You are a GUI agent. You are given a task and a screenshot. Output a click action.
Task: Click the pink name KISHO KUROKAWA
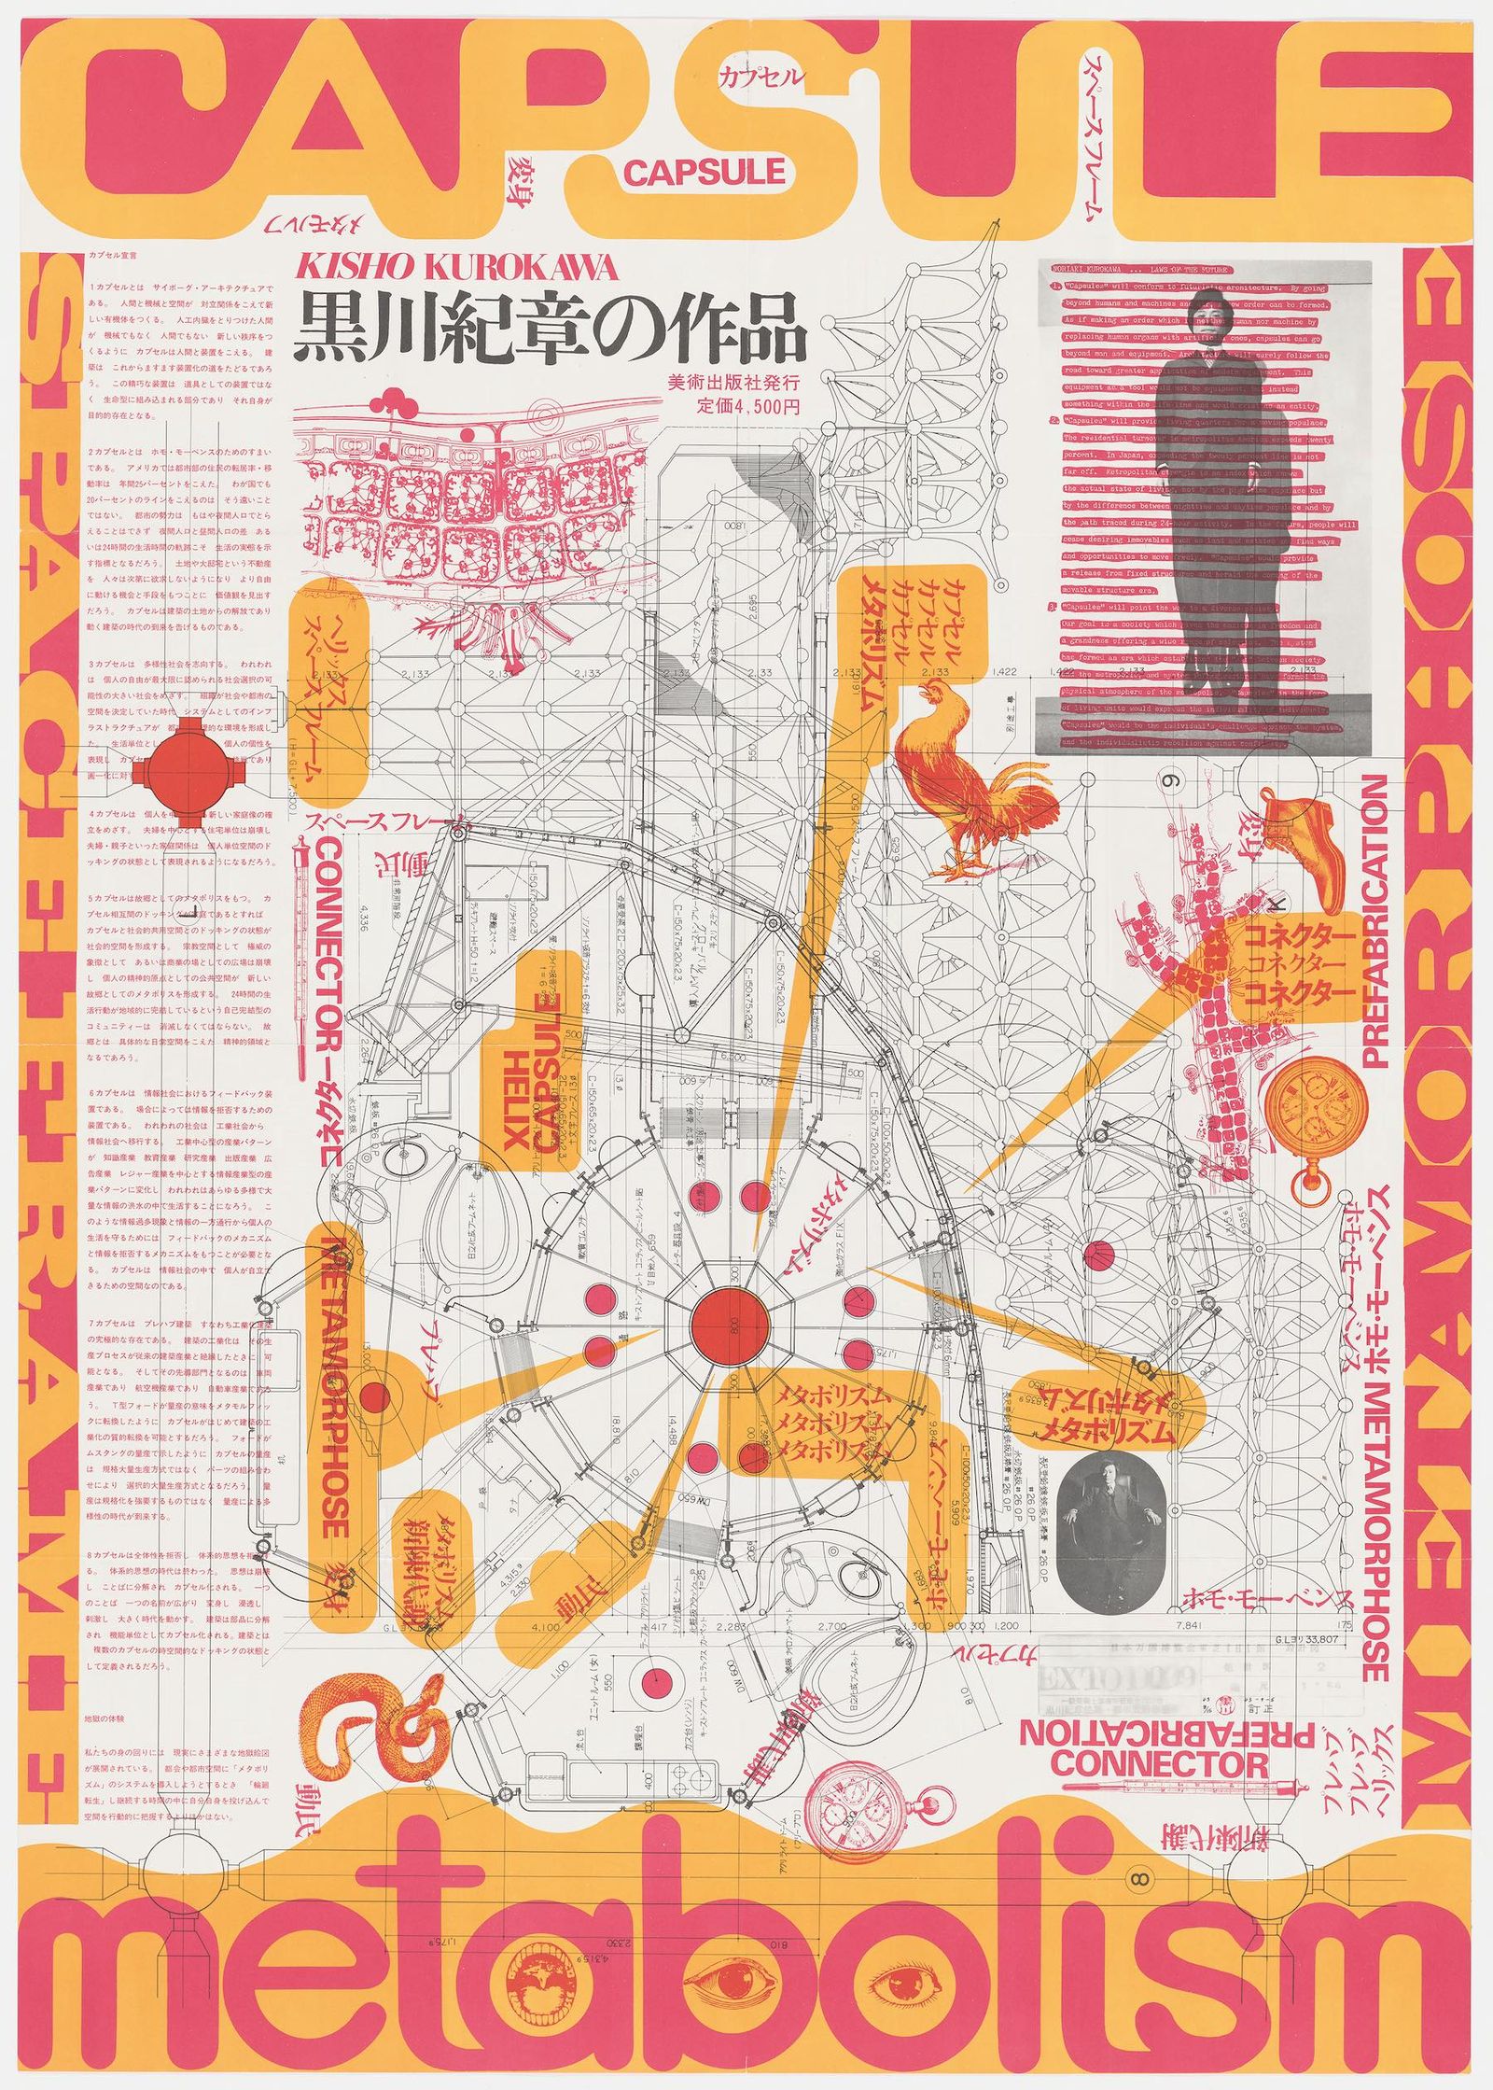point(456,269)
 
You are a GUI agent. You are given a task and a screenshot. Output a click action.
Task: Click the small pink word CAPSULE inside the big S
point(705,172)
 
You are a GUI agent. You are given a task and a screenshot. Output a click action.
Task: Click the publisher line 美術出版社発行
point(734,383)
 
